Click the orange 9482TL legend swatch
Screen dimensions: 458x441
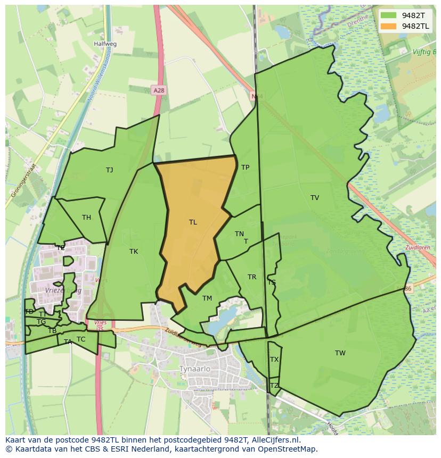click(x=389, y=26)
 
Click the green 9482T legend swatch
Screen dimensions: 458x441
click(x=389, y=15)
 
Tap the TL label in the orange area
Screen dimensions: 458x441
click(x=193, y=222)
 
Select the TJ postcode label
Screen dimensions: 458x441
click(x=109, y=170)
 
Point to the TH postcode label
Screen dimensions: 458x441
click(x=86, y=218)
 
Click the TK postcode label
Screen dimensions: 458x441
click(x=134, y=252)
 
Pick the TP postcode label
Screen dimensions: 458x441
click(x=245, y=168)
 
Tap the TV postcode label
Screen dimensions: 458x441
click(x=315, y=198)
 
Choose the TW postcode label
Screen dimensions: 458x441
click(x=340, y=353)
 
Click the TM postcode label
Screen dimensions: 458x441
click(x=207, y=298)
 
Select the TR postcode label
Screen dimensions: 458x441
click(x=252, y=277)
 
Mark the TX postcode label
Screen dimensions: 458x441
click(x=274, y=360)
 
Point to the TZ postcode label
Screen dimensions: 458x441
click(x=274, y=386)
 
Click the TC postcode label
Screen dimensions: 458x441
click(x=81, y=339)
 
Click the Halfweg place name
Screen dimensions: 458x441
click(x=105, y=45)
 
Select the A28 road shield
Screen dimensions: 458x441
click(x=158, y=90)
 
